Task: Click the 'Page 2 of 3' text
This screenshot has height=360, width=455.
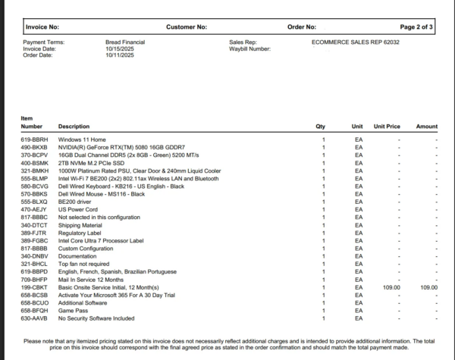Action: click(416, 27)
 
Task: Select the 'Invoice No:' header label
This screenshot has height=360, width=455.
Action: click(42, 27)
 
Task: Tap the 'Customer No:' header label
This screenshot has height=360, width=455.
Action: click(186, 27)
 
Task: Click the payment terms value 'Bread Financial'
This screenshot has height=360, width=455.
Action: click(125, 42)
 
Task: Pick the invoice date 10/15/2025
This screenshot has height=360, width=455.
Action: click(120, 49)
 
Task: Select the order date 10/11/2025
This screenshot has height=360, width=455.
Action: click(120, 55)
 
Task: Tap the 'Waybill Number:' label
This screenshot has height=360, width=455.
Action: click(249, 49)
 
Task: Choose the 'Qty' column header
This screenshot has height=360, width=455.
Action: click(320, 126)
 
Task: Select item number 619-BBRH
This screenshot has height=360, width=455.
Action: click(34, 140)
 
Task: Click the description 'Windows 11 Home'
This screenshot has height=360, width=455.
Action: click(80, 140)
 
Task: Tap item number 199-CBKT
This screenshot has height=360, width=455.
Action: click(34, 288)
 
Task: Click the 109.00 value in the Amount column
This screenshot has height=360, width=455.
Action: click(428, 288)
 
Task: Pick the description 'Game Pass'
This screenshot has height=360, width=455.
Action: click(72, 311)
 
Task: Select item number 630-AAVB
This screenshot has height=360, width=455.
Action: click(34, 319)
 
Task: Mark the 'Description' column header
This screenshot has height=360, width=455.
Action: click(74, 126)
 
